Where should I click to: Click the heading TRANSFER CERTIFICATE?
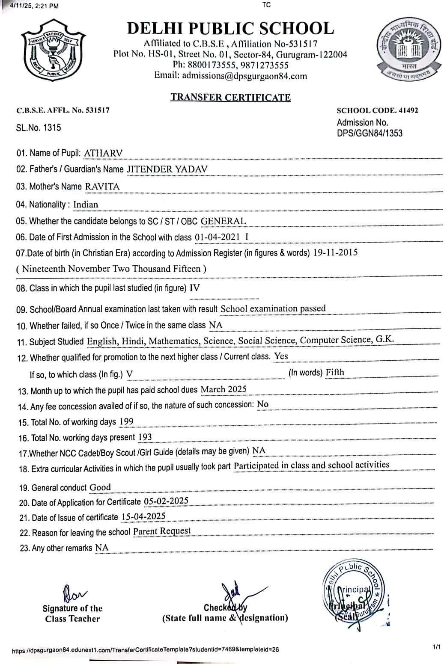tap(230, 98)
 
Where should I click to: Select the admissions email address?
tap(244, 76)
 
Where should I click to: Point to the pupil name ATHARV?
tap(103, 153)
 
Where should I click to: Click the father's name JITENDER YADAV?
tap(167, 169)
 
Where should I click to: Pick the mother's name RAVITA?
tap(102, 187)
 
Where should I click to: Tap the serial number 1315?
tap(52, 127)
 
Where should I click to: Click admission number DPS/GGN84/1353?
tap(370, 133)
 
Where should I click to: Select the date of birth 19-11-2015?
tap(335, 252)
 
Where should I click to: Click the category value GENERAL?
tap(223, 221)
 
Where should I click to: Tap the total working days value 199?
tap(126, 421)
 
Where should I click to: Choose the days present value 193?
tap(145, 437)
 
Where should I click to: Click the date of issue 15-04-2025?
tap(143, 516)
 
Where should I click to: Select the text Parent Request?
tap(162, 531)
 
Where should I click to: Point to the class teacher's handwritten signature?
tap(74, 593)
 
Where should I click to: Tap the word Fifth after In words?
tap(335, 372)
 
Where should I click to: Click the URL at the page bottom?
tap(146, 649)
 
